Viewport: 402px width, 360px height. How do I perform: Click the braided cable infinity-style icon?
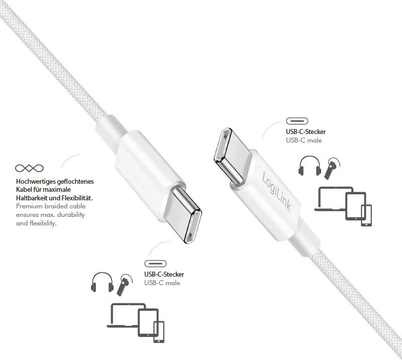tap(29, 168)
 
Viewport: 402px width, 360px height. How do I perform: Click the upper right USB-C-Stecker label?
tap(306, 132)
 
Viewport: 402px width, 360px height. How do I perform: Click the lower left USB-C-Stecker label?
tap(164, 274)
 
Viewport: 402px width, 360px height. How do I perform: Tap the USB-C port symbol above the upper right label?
tap(297, 121)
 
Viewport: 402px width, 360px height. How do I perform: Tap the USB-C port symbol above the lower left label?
tap(155, 264)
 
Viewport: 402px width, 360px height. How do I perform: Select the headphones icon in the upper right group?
tap(309, 166)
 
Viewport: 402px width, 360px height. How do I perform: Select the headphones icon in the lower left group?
tap(102, 283)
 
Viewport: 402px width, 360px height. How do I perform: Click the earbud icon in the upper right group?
tap(331, 169)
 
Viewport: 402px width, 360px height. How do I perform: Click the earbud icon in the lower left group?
tap(124, 285)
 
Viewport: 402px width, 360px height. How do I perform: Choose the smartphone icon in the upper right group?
tap(366, 215)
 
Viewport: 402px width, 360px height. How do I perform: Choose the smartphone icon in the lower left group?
tap(159, 332)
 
